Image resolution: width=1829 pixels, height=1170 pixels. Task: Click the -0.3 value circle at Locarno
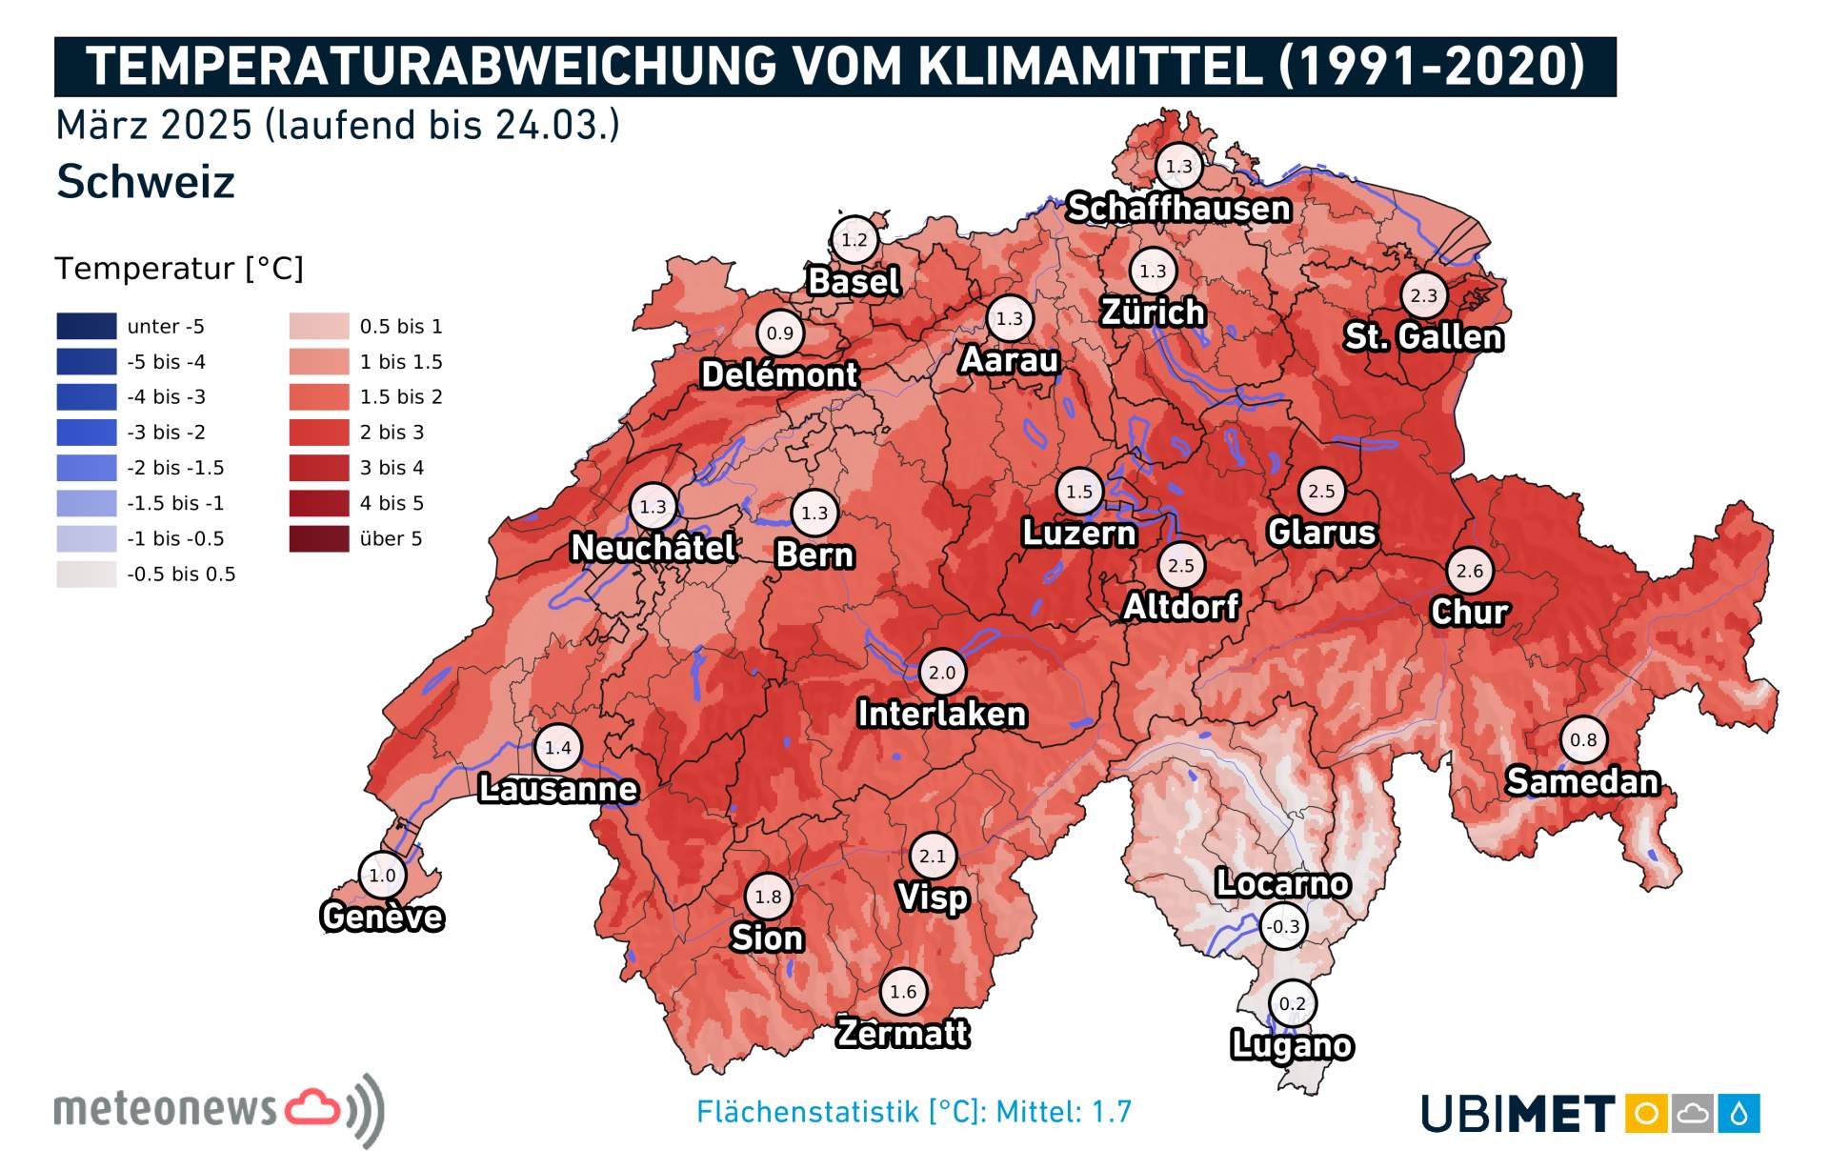tap(1283, 926)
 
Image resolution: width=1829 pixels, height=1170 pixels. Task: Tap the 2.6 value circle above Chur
tap(1469, 571)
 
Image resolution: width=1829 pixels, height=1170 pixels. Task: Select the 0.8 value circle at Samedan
tap(1583, 739)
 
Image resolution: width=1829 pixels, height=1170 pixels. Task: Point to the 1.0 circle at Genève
tap(382, 875)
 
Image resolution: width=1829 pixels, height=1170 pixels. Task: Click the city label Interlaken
tap(941, 714)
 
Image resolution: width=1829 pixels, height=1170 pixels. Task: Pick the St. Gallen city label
tap(1423, 336)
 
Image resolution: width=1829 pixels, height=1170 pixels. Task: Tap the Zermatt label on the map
tap(902, 1033)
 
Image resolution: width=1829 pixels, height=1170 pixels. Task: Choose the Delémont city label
tap(779, 374)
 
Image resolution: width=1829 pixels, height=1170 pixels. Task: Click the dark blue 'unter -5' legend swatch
tap(86, 326)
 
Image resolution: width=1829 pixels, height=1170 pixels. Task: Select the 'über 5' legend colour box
tap(319, 538)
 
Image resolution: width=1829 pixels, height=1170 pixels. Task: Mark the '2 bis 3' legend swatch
tap(319, 433)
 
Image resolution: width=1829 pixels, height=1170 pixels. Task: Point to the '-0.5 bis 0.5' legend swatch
tap(86, 574)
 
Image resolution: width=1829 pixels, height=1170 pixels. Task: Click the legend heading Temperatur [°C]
tap(178, 269)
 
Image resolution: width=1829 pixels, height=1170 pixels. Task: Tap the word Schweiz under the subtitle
tap(145, 181)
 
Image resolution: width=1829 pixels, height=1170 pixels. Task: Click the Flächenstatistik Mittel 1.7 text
tap(914, 1111)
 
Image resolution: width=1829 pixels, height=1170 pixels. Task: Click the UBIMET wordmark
tap(1517, 1114)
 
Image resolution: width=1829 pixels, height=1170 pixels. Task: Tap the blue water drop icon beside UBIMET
tap(1739, 1113)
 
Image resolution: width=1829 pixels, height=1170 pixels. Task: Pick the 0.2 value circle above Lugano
tap(1292, 1003)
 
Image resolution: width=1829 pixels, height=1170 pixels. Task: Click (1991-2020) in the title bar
tap(1431, 66)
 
